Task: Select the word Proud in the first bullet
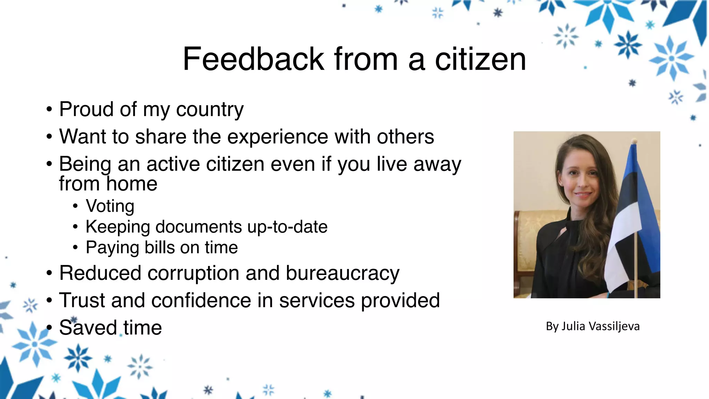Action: tap(86, 109)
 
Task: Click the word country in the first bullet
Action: tap(210, 110)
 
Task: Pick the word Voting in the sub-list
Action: tap(110, 206)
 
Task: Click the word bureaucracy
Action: tap(342, 273)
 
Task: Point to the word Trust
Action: tap(82, 300)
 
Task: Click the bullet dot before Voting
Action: tap(75, 206)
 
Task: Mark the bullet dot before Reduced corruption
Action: tap(50, 273)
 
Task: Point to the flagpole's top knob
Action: tap(634, 141)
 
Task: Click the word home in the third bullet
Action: tap(132, 184)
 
